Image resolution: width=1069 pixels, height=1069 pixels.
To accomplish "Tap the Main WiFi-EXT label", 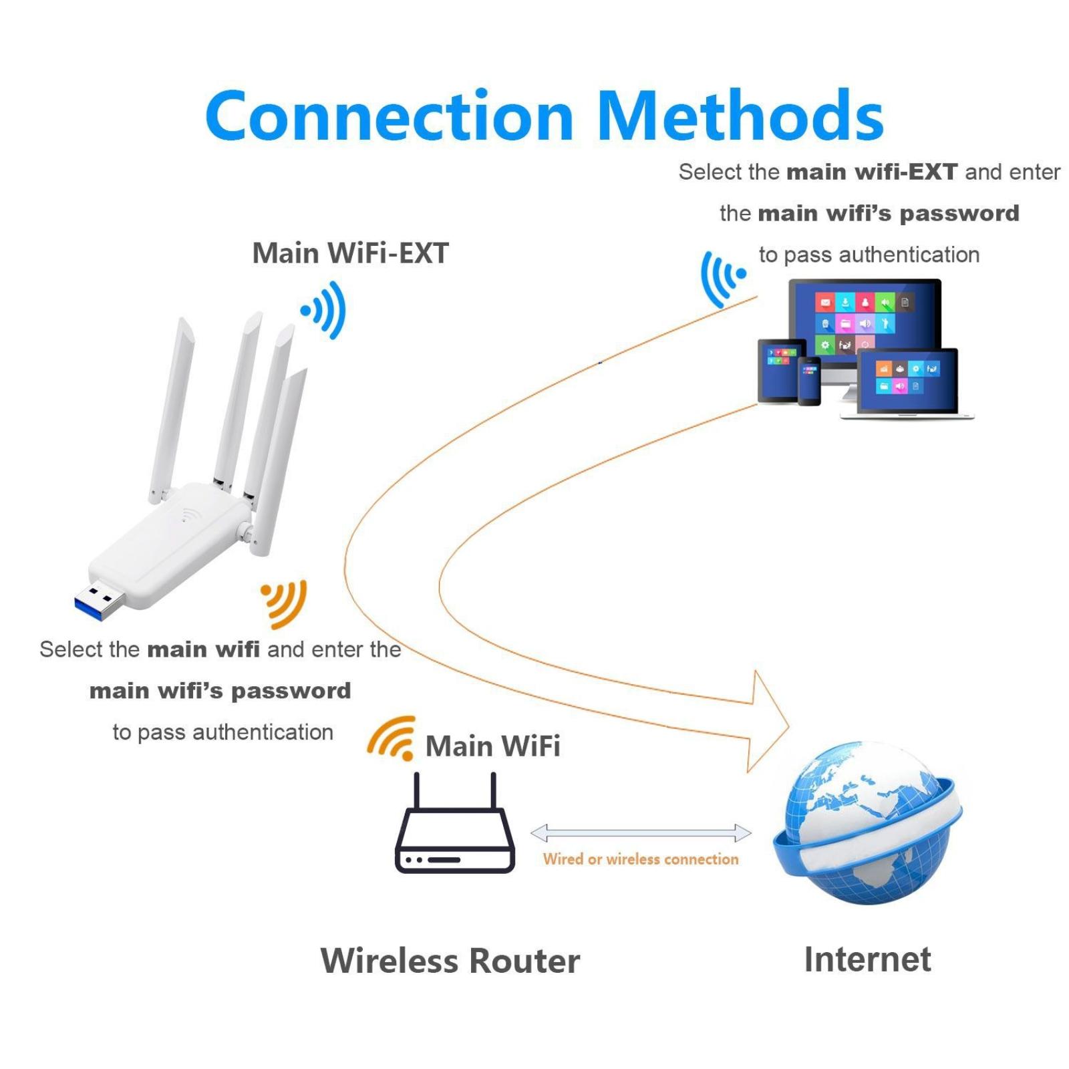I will [350, 253].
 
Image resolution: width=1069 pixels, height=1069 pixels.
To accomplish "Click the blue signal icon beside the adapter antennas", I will [325, 310].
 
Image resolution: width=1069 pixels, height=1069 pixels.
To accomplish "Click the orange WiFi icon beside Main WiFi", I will [392, 738].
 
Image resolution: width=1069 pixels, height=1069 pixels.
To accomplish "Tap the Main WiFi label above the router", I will [492, 746].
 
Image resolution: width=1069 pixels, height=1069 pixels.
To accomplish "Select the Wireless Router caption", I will [450, 961].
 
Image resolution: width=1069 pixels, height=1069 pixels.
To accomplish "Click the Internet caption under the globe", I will [867, 959].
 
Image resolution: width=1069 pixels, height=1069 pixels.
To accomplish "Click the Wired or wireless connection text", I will [641, 859].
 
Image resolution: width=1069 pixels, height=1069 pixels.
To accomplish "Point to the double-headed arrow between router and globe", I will [641, 833].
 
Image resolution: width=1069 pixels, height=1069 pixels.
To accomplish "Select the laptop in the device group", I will [907, 384].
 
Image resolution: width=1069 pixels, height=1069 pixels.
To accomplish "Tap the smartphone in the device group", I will [809, 381].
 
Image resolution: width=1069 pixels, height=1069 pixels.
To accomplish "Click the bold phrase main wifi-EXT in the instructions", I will [872, 172].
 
